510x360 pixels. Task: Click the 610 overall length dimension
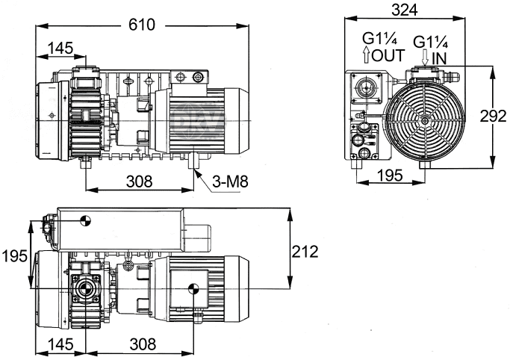coord(142,25)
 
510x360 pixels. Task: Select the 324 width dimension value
coord(404,10)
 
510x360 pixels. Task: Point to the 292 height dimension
coord(494,117)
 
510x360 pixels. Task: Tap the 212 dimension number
coord(305,252)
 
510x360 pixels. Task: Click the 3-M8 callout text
coord(230,181)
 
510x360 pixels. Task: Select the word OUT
coord(388,55)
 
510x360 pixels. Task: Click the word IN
coord(439,59)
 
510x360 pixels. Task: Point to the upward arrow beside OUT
coord(366,55)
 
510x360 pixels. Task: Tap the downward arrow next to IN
coord(424,58)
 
